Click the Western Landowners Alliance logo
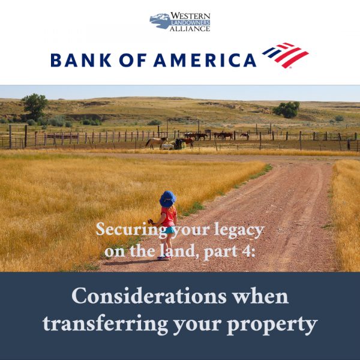[x=179, y=22]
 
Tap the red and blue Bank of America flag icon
[x=286, y=55]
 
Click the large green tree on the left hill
[x=35, y=106]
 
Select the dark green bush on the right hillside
[x=287, y=109]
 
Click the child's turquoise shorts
[x=170, y=229]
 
